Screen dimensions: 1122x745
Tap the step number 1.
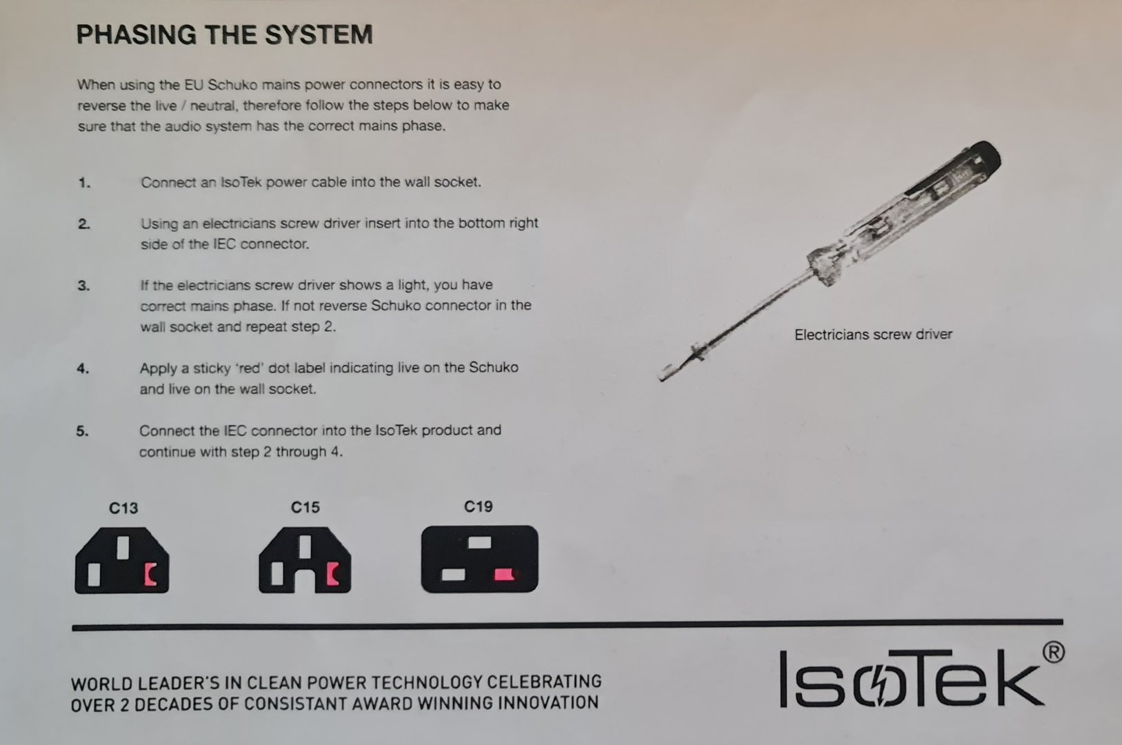pyautogui.click(x=84, y=183)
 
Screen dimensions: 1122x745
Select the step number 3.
pyautogui.click(x=83, y=286)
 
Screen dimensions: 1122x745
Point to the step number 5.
pyautogui.click(x=83, y=431)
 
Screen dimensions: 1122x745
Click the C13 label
pyautogui.click(x=123, y=508)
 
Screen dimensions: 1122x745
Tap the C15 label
pyautogui.click(x=305, y=508)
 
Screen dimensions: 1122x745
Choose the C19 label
pyautogui.click(x=479, y=506)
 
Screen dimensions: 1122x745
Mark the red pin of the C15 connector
pyautogui.click(x=332, y=574)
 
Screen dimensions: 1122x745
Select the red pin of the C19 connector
pyautogui.click(x=504, y=574)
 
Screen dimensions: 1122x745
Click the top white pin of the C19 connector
pyautogui.click(x=479, y=543)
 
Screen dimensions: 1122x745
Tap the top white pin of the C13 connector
pyautogui.click(x=123, y=548)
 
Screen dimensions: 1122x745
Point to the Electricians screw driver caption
pyautogui.click(x=873, y=334)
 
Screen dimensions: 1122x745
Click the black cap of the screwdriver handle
pyautogui.click(x=982, y=159)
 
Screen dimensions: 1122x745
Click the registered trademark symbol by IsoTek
pyautogui.click(x=1053, y=653)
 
